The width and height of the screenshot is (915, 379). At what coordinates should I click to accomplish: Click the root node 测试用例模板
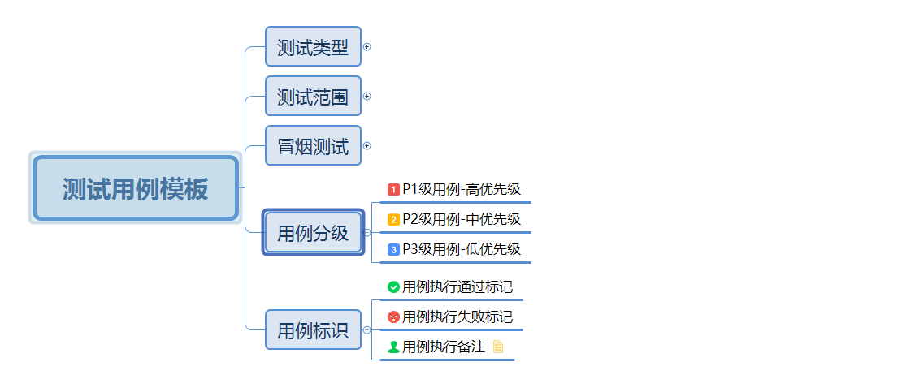click(x=136, y=188)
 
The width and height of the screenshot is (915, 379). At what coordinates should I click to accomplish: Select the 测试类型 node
click(x=313, y=47)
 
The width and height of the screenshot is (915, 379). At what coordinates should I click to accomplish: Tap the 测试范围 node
click(x=313, y=97)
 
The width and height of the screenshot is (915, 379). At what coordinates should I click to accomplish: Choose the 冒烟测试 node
click(x=313, y=146)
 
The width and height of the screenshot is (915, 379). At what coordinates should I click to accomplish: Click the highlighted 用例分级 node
click(x=313, y=233)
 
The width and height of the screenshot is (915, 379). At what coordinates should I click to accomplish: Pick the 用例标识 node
click(x=313, y=329)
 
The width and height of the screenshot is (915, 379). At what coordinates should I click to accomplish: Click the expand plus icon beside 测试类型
click(x=367, y=47)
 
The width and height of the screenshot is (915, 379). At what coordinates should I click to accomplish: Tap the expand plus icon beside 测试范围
click(x=367, y=97)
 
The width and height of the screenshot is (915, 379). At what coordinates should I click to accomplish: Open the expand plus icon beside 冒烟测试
click(x=367, y=146)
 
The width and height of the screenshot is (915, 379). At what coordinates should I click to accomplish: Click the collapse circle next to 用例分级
click(x=367, y=233)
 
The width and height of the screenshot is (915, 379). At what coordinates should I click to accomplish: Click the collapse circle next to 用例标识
click(x=367, y=330)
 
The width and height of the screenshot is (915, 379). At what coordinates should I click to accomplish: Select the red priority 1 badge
click(x=393, y=190)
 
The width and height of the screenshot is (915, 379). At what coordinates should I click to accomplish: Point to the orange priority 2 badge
click(x=393, y=220)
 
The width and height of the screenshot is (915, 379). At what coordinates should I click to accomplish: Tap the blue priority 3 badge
click(x=393, y=250)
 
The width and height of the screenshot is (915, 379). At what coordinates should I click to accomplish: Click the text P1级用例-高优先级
click(x=462, y=190)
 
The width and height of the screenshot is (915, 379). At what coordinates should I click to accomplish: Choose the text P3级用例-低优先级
click(x=462, y=250)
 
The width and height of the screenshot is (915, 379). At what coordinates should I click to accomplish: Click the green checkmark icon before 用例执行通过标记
click(x=393, y=287)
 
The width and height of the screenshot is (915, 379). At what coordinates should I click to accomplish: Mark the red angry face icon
click(x=393, y=317)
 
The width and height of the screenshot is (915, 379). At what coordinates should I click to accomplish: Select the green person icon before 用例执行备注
click(x=393, y=347)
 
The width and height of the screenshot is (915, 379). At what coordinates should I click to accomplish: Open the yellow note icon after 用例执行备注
click(x=498, y=347)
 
